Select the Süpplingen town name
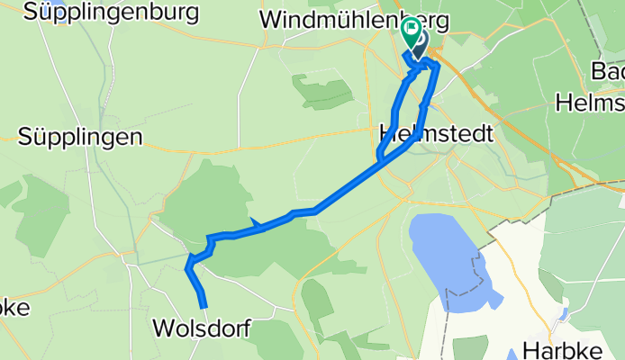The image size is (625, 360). point(80,137)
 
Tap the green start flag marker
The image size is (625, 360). point(412,32)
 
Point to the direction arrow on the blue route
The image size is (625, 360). point(257,223)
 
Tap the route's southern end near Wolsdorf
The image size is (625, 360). point(204,306)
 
